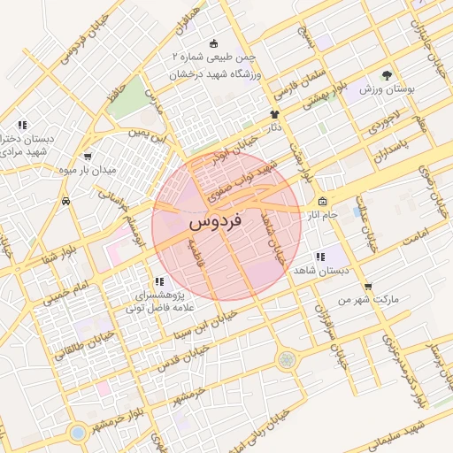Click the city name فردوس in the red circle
pyautogui.click(x=217, y=225)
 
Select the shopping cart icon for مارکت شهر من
pyautogui.click(x=368, y=286)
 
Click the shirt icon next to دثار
pyautogui.click(x=274, y=114)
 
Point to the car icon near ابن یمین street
pyautogui.click(x=67, y=202)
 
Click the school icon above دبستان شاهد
pyautogui.click(x=320, y=257)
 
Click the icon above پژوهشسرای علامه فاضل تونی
pyautogui.click(x=158, y=281)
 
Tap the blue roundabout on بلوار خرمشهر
pyautogui.click(x=78, y=434)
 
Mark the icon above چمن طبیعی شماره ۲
pyautogui.click(x=212, y=43)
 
